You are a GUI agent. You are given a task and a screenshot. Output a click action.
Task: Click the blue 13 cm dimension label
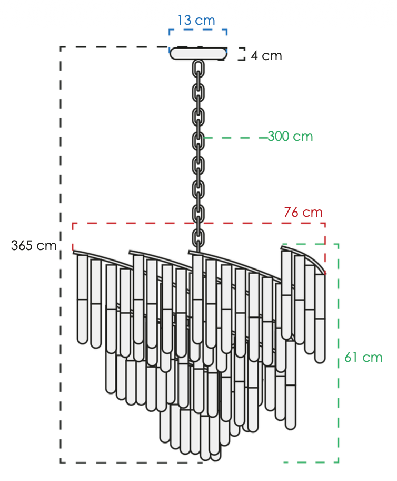pyautogui.click(x=196, y=20)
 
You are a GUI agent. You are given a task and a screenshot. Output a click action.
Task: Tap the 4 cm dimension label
pyautogui.click(x=266, y=55)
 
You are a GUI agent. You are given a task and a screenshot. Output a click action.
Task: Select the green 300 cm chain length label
pyautogui.click(x=291, y=136)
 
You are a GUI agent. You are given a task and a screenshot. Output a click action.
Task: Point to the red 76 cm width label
pyautogui.click(x=303, y=212)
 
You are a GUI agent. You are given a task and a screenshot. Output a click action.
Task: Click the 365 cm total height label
pyautogui.click(x=34, y=245)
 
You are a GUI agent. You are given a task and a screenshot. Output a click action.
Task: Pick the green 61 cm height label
pyautogui.click(x=363, y=357)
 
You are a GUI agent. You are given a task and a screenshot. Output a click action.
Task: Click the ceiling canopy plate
pyautogui.click(x=198, y=54)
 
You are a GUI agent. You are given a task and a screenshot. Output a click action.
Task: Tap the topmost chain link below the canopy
pyautogui.click(x=198, y=69)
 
